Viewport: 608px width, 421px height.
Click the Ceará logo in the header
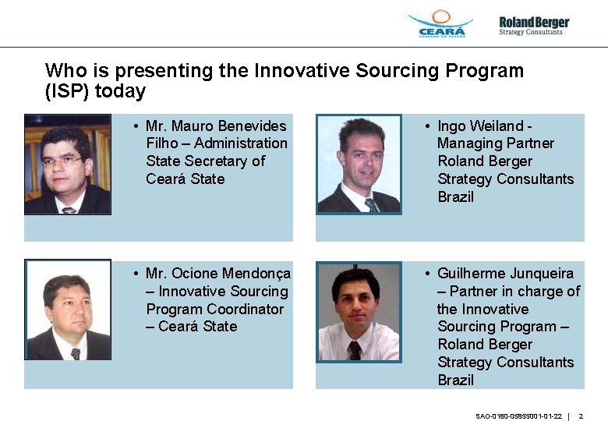point(441,23)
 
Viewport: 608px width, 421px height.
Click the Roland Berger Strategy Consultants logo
point(534,25)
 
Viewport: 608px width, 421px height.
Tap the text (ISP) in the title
point(68,91)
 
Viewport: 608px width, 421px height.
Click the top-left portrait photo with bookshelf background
point(67,164)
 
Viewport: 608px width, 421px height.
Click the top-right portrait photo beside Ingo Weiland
point(359,164)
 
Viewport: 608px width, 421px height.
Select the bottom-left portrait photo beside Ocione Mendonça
point(68,310)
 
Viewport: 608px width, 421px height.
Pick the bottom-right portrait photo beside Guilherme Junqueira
point(359,311)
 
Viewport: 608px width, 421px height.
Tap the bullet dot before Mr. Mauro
point(136,126)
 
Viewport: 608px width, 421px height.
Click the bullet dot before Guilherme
point(428,274)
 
